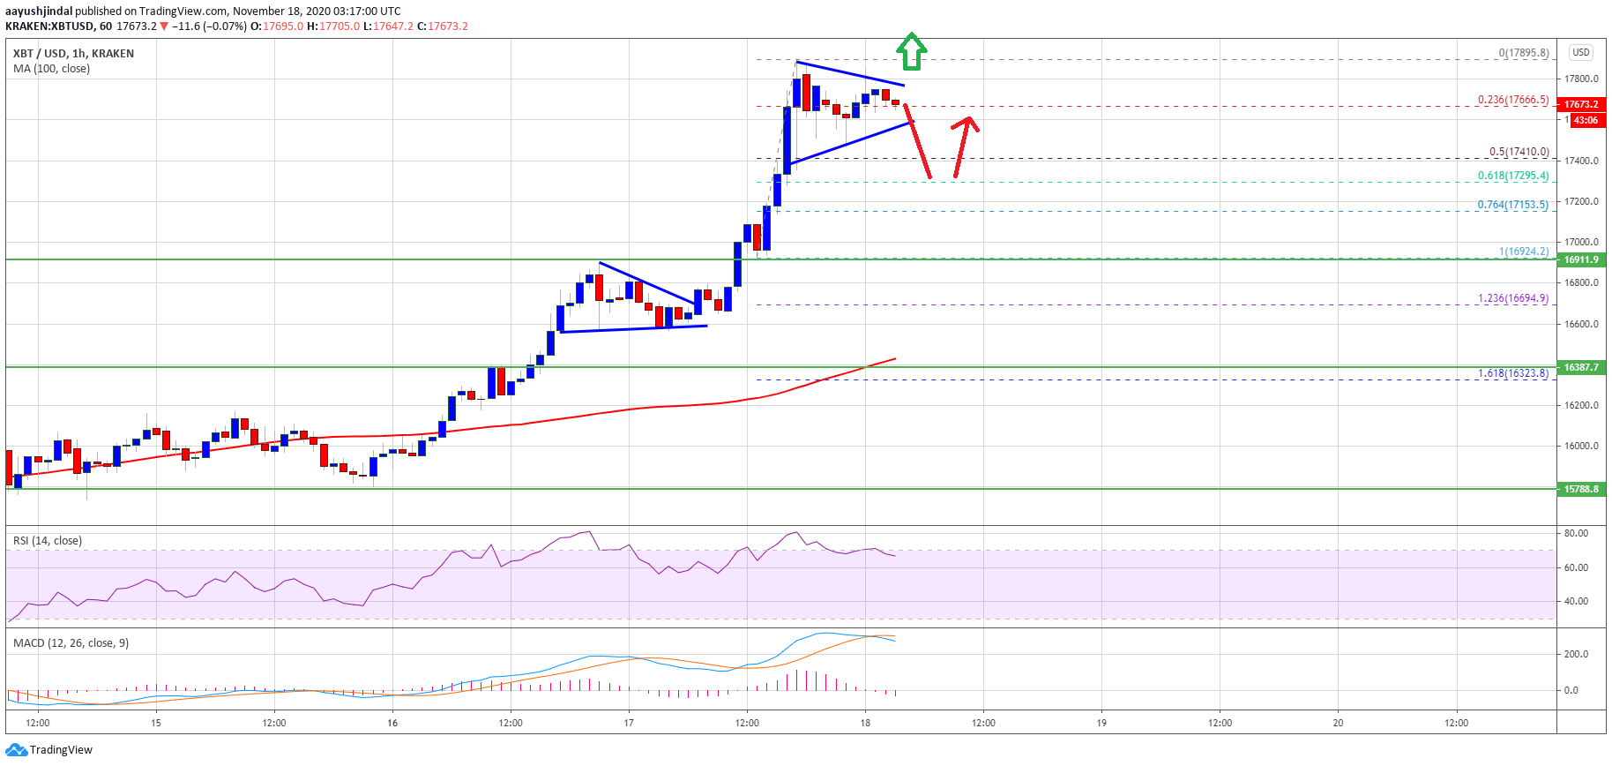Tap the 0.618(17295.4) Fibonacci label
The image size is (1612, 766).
[x=1512, y=176]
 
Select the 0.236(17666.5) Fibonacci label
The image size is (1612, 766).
[x=1512, y=100]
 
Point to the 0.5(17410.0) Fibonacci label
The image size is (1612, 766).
[x=1519, y=152]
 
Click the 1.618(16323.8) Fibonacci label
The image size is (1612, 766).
[x=1512, y=373]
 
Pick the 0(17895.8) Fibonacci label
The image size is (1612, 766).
[x=1523, y=53]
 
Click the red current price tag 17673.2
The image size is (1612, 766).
[x=1581, y=104]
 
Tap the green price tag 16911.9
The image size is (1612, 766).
[x=1581, y=259]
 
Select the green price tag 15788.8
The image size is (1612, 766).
[x=1581, y=489]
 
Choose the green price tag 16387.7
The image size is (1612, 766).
[x=1581, y=367]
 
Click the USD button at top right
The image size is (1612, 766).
[x=1581, y=52]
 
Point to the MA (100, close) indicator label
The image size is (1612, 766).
[x=51, y=69]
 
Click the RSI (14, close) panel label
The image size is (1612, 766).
[x=48, y=541]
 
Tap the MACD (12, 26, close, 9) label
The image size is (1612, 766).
[x=71, y=643]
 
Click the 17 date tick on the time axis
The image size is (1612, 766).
[x=629, y=723]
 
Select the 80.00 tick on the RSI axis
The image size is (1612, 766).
[x=1576, y=533]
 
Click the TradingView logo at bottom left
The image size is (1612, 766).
[x=49, y=750]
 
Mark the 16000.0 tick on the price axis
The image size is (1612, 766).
[x=1581, y=447]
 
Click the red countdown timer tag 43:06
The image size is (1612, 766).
[x=1586, y=120]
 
